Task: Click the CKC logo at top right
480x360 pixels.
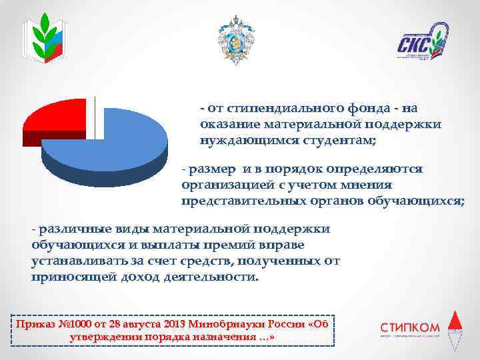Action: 422,41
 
